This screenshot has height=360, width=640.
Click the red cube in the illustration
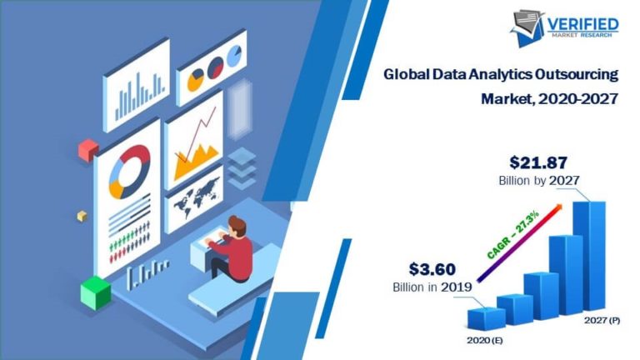[x=87, y=150]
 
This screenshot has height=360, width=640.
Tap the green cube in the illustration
[x=95, y=292]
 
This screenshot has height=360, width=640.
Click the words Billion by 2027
[x=539, y=180]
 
